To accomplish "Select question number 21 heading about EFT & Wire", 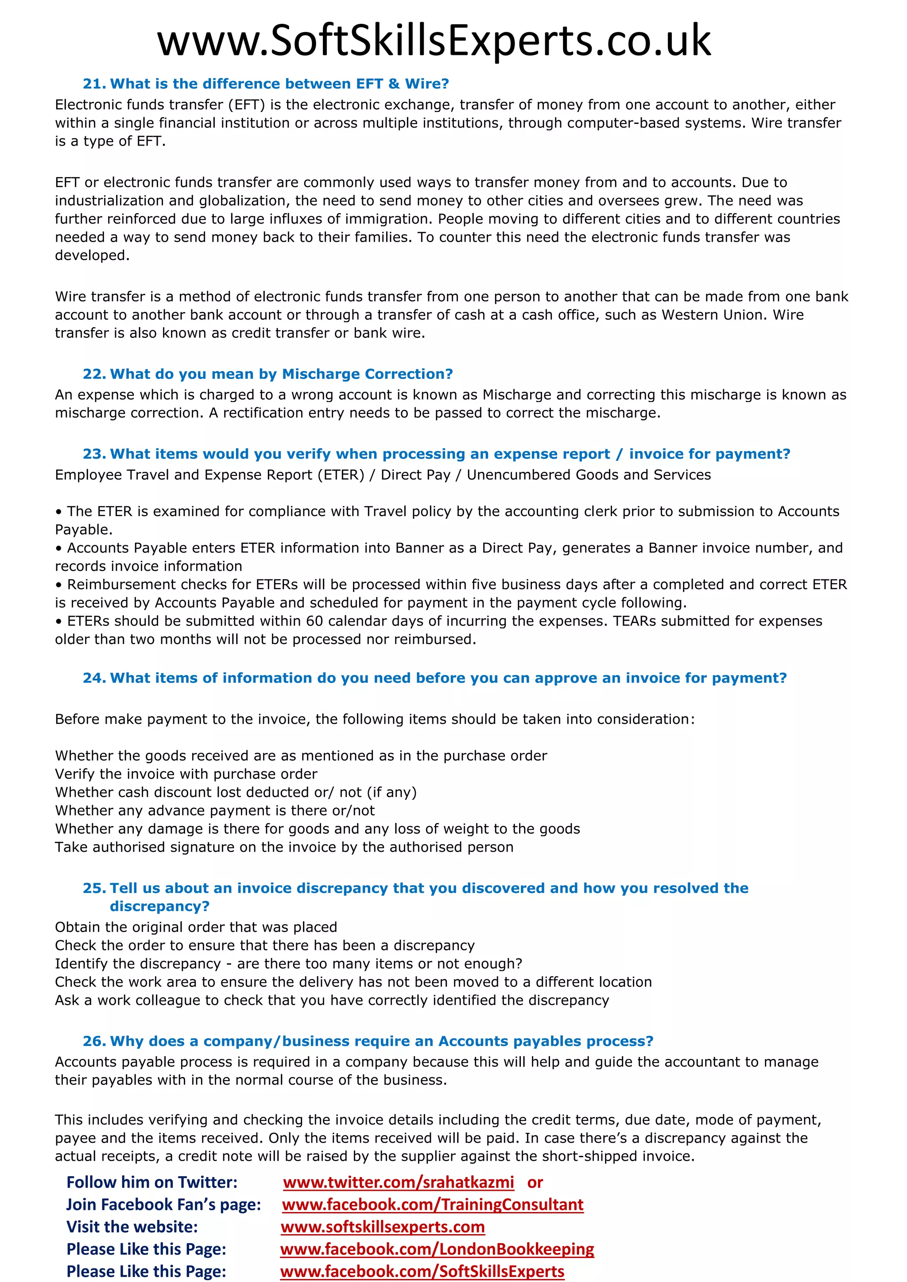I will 266,84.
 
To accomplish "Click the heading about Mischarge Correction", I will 268,374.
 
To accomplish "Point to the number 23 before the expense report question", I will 94,454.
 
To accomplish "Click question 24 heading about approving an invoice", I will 435,678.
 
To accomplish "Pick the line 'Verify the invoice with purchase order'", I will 186,774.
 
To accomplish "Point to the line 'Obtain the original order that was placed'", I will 196,927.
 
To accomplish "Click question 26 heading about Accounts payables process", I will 368,1041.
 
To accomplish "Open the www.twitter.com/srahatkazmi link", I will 398,1182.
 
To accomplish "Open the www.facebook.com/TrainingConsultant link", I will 432,1205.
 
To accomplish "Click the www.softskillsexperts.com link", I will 383,1227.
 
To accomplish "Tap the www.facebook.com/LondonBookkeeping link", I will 437,1249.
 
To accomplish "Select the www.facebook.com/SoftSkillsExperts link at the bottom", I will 422,1271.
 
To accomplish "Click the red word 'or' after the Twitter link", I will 535,1182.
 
